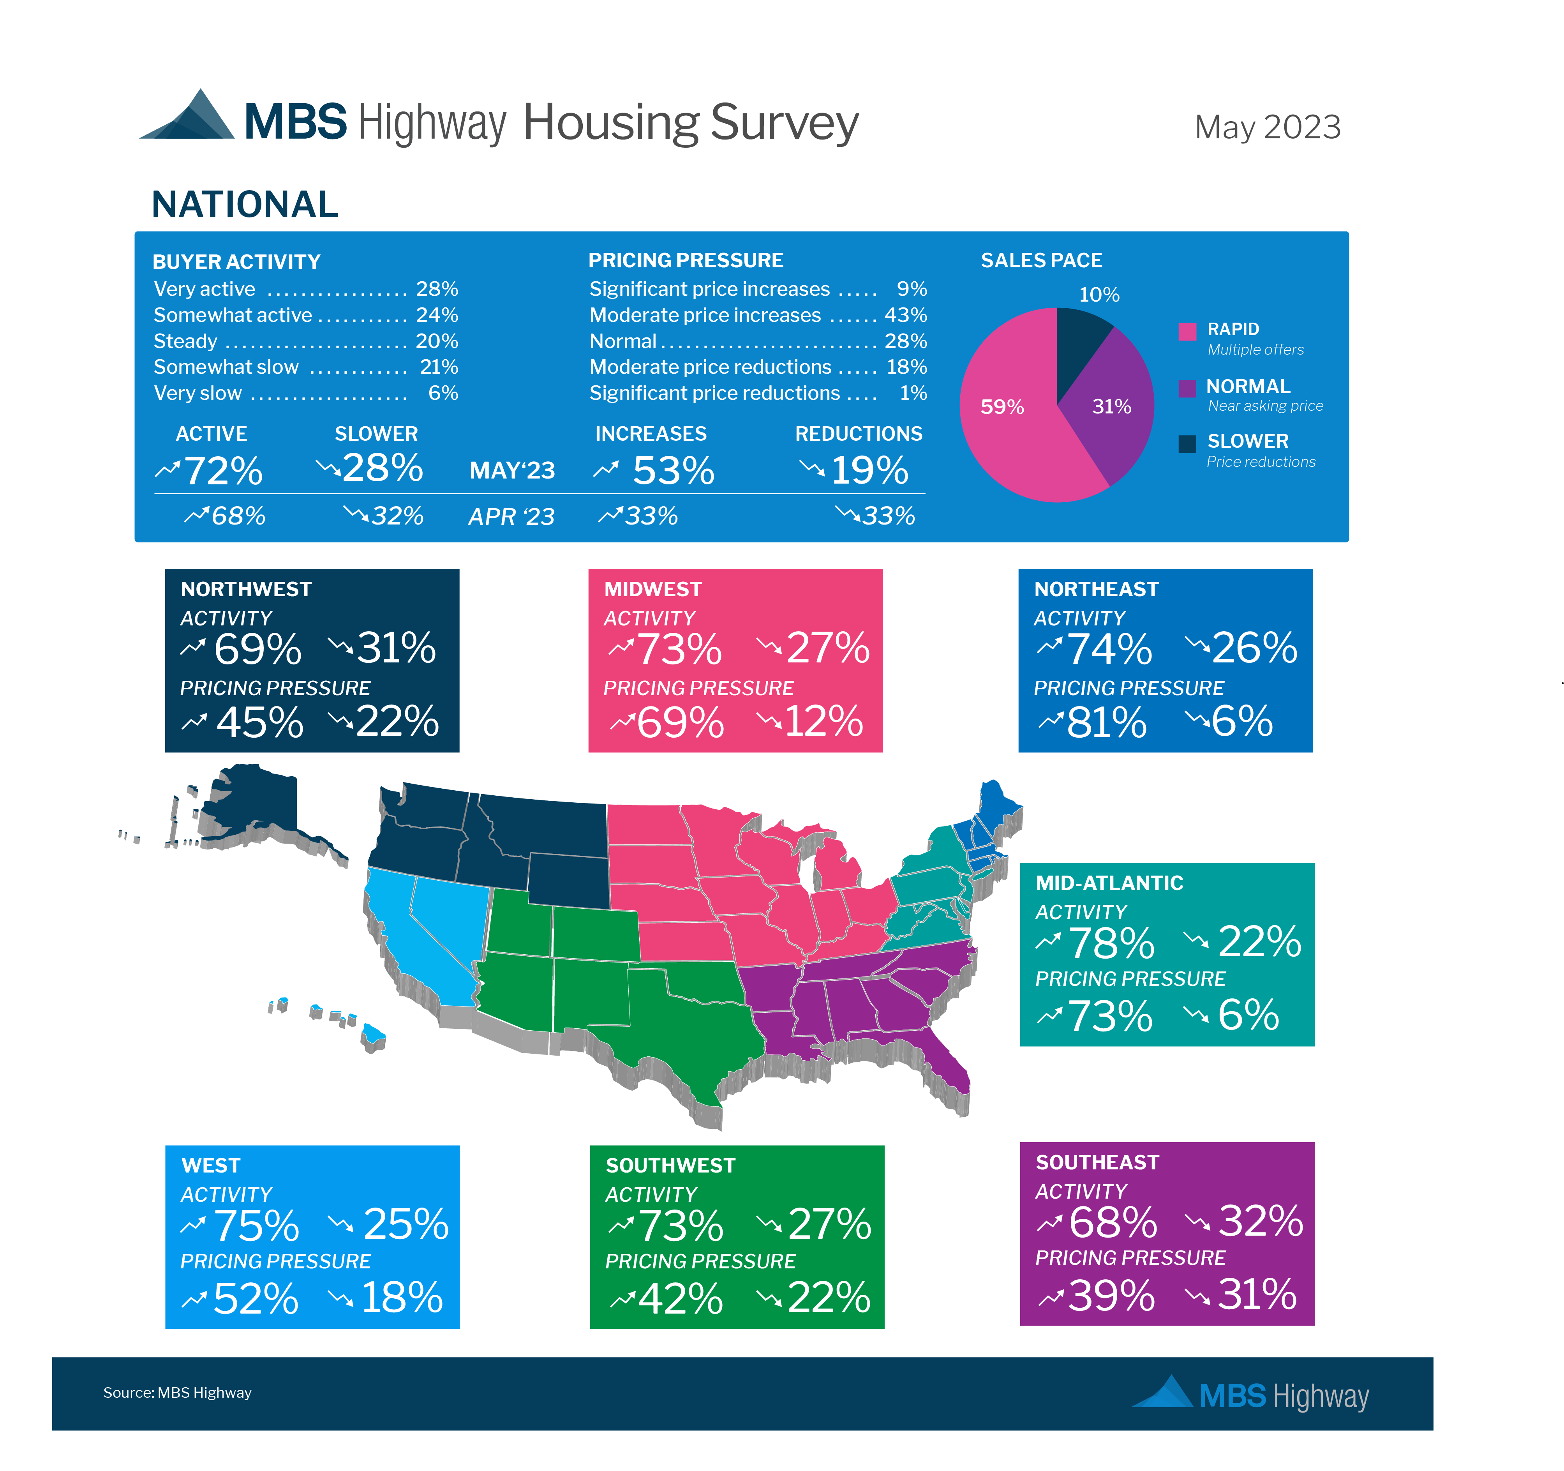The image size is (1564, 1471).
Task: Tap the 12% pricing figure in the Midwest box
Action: pos(823,721)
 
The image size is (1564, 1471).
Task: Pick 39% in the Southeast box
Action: pos(1111,1295)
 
